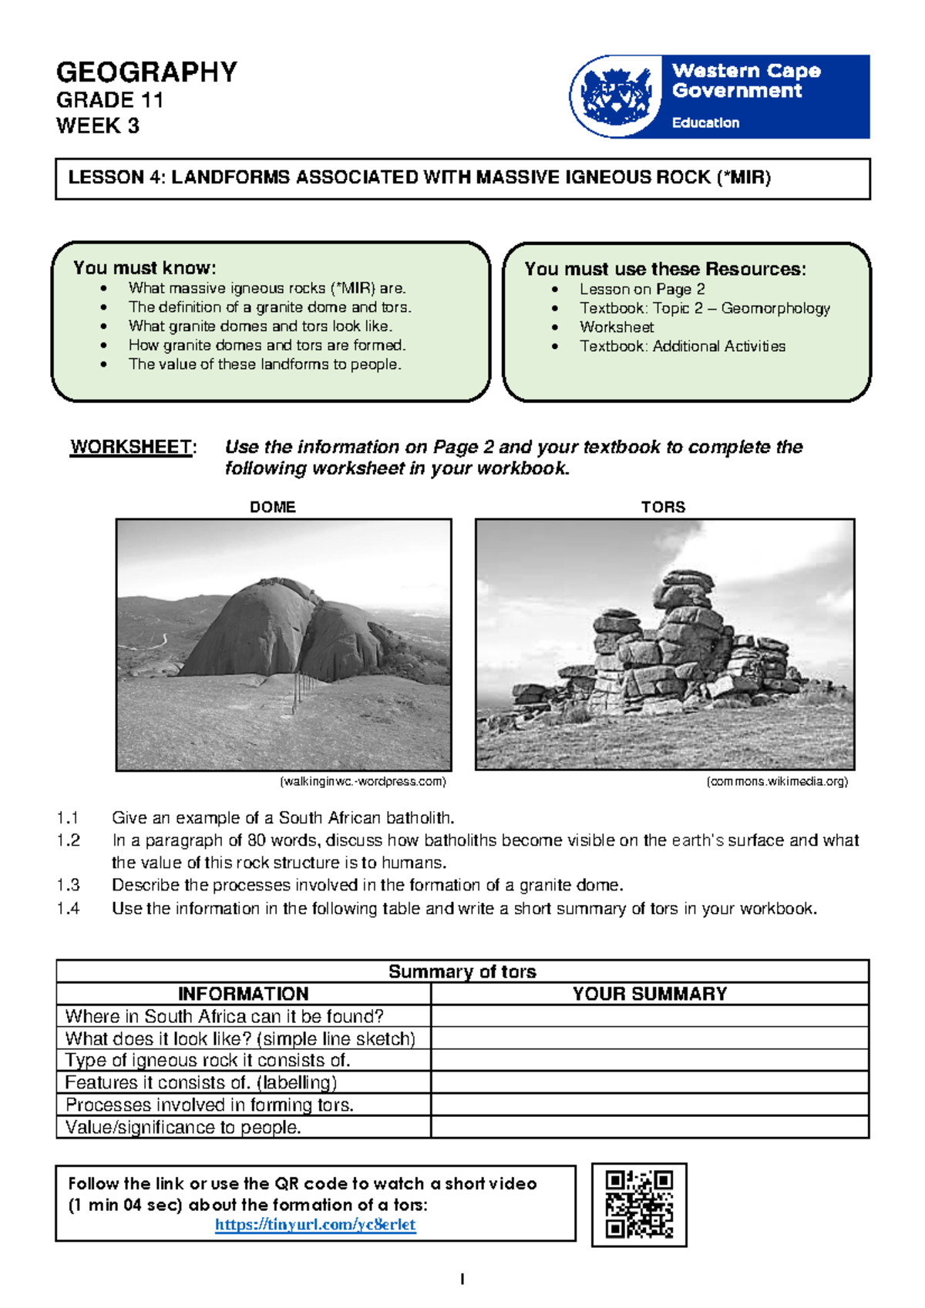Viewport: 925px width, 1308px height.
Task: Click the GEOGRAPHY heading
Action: [146, 72]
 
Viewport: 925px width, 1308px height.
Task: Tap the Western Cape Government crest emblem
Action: [615, 96]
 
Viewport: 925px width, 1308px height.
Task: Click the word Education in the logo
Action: [705, 122]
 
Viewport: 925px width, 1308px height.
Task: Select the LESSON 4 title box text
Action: [419, 178]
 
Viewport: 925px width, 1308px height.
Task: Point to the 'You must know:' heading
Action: [144, 268]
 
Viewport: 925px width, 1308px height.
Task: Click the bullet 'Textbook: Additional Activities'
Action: [682, 347]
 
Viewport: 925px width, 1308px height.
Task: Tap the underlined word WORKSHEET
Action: [131, 447]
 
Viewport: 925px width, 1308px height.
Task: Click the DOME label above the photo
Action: [272, 507]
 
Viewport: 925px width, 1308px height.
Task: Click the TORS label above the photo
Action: [663, 507]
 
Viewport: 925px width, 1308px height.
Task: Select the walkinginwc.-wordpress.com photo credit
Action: [363, 781]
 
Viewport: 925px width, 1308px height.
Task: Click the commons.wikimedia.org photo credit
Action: [777, 781]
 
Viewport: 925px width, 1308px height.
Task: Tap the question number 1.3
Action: [68, 885]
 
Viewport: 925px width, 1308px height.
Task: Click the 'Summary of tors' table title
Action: [462, 971]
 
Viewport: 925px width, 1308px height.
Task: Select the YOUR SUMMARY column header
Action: [649, 994]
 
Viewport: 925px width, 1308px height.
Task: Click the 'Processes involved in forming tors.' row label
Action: [209, 1105]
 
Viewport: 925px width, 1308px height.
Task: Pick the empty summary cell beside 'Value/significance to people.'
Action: [649, 1127]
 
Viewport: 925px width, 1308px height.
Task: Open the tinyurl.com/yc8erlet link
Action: [315, 1224]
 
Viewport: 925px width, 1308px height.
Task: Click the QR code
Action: [639, 1204]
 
